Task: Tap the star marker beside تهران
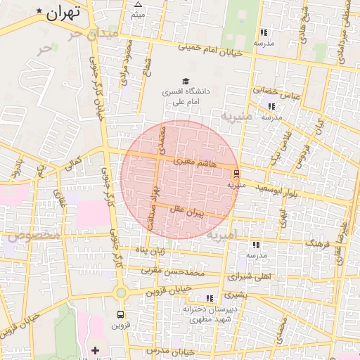click(39, 14)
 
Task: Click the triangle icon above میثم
click(138, 4)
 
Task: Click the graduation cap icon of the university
click(185, 82)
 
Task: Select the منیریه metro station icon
click(236, 173)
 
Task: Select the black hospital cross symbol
click(96, 349)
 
